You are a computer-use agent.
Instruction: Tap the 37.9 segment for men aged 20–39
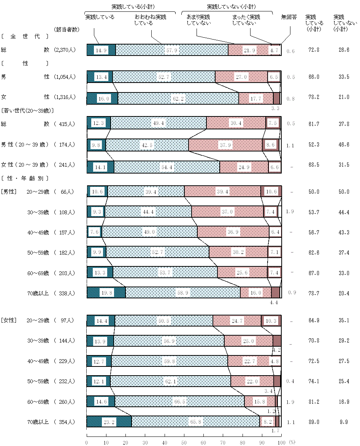[x=225, y=145]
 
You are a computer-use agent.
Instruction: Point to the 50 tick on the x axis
[x=184, y=442]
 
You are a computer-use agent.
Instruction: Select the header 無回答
[x=289, y=17]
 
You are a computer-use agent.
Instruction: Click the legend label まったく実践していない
[x=246, y=20]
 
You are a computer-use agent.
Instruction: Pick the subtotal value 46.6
[x=344, y=145]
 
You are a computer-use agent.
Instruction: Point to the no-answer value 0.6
[x=290, y=51]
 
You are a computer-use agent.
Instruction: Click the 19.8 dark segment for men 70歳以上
[x=106, y=293]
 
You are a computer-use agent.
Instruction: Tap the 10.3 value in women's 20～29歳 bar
[x=271, y=320]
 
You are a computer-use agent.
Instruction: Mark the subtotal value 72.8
[x=314, y=50]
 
